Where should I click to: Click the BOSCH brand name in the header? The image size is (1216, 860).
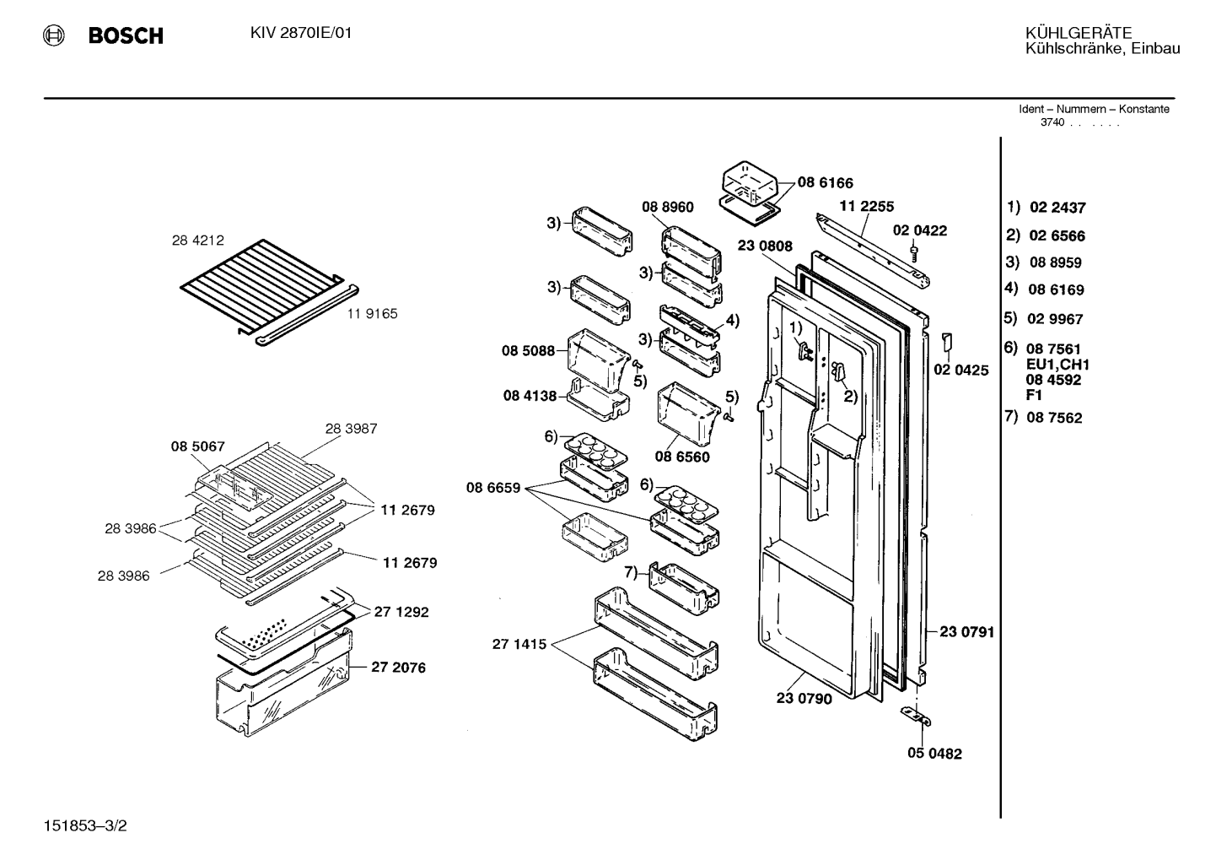click(x=126, y=35)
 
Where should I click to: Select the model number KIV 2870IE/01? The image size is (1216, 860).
click(x=301, y=33)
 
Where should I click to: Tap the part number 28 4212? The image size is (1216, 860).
click(x=197, y=241)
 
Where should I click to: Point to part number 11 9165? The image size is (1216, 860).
click(x=373, y=313)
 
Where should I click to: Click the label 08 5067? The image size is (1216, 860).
click(x=197, y=446)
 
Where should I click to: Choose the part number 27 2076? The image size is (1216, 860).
click(x=399, y=667)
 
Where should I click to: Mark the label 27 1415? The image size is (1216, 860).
click(x=519, y=644)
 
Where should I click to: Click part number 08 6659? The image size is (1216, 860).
click(x=493, y=488)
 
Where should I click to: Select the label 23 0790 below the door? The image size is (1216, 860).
click(x=804, y=699)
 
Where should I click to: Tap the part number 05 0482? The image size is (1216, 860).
click(x=935, y=754)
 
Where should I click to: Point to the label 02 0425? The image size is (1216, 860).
click(x=961, y=370)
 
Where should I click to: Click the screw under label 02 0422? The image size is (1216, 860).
click(x=913, y=254)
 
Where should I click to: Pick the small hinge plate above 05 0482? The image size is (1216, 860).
click(x=916, y=716)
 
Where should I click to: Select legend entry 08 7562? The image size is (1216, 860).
click(x=1054, y=418)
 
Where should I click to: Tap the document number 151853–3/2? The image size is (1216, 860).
click(x=85, y=825)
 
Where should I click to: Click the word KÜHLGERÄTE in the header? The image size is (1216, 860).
click(x=1079, y=33)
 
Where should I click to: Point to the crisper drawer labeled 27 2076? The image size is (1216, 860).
click(x=282, y=685)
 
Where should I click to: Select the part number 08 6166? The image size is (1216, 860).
click(x=825, y=183)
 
